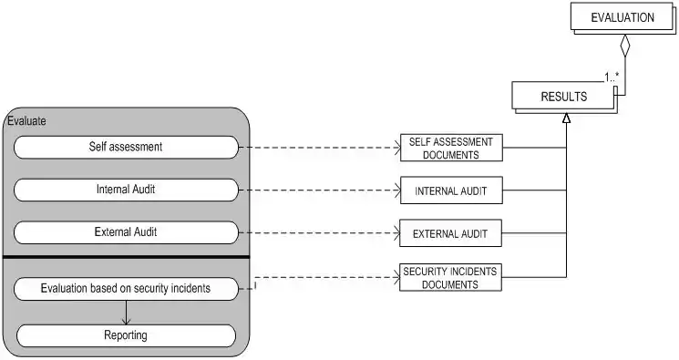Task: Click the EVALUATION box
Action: (622, 17)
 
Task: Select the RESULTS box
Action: (564, 97)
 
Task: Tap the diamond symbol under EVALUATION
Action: (625, 46)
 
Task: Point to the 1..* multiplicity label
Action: (612, 77)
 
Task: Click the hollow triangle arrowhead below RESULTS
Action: (566, 118)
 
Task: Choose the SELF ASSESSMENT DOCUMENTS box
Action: (451, 148)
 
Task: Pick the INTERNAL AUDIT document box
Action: (451, 190)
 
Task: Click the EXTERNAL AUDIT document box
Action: (450, 233)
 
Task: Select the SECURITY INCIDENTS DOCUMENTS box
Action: (450, 277)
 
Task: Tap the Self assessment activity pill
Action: (126, 148)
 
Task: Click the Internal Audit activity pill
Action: (126, 190)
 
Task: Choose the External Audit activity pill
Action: (126, 232)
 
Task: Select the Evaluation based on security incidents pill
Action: (126, 289)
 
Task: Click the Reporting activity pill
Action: (126, 335)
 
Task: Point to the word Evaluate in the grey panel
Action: (26, 121)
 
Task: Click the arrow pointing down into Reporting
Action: (126, 313)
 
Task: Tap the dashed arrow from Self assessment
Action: (320, 148)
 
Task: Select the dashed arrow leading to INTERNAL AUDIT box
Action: (320, 190)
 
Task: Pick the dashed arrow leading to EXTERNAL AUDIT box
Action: (319, 233)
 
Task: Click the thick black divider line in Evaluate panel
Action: (127, 257)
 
